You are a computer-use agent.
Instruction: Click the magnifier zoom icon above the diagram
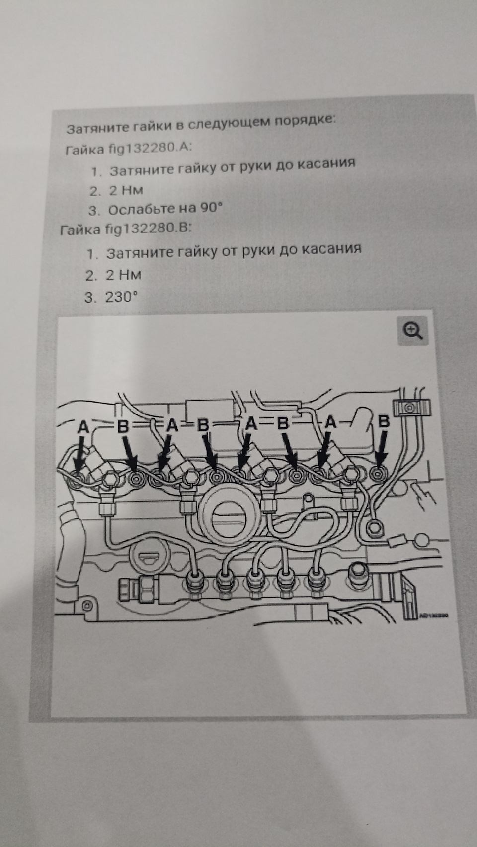[413, 331]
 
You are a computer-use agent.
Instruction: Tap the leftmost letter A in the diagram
[83, 426]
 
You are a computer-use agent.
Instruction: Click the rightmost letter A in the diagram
[331, 423]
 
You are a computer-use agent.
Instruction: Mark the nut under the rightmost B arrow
[379, 473]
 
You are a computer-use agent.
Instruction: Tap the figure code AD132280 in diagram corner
[434, 614]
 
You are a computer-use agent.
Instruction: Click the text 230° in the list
[121, 297]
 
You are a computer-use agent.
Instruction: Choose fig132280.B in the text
[148, 229]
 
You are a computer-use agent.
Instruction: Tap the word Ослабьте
[142, 209]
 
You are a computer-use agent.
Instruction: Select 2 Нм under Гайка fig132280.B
[123, 275]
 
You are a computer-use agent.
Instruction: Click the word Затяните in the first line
[97, 128]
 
